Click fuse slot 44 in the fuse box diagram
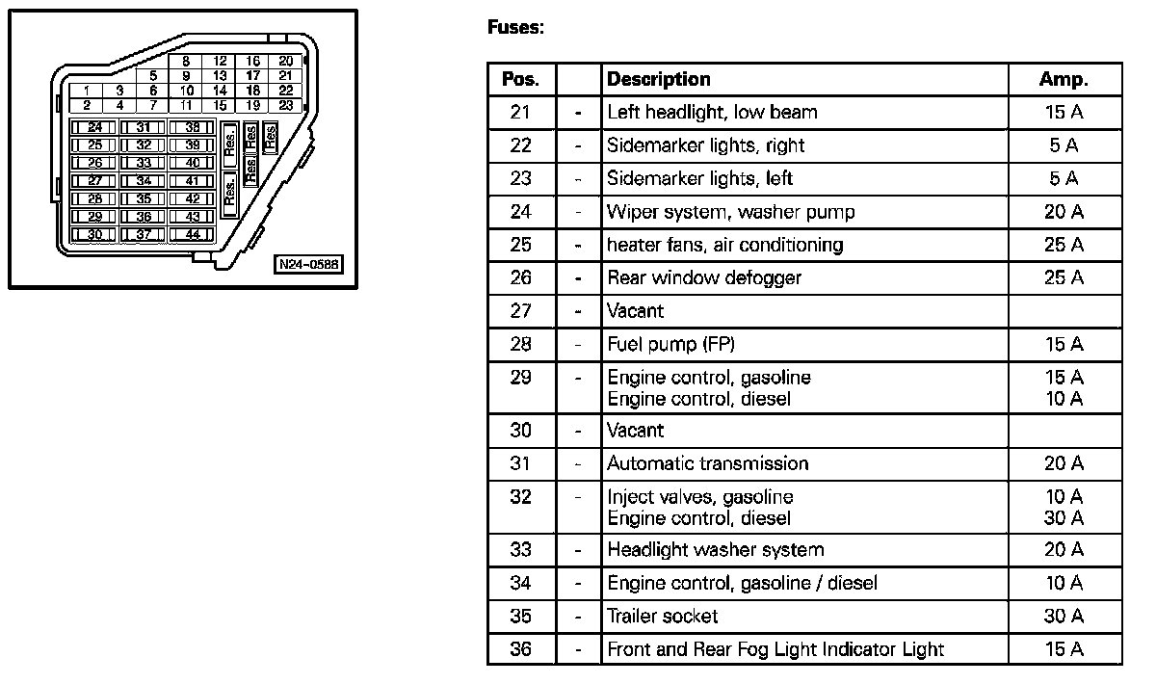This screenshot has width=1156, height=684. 193,234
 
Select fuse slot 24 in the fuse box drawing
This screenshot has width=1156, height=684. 94,127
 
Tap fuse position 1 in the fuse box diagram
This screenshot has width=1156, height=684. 87,91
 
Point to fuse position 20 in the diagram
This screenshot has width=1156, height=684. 285,61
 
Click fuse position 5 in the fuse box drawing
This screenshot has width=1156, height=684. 152,75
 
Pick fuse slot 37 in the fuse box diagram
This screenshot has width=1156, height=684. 144,234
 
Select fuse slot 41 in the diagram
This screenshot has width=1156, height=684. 193,180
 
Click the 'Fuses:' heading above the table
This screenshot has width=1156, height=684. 515,28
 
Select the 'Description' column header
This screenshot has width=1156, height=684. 659,79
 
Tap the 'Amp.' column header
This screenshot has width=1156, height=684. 1064,79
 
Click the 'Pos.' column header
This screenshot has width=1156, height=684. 521,79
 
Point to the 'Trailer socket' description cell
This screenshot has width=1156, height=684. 662,616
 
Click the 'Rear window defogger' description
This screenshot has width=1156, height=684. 704,278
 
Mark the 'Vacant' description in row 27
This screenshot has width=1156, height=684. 635,311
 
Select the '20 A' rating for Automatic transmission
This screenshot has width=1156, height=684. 1064,463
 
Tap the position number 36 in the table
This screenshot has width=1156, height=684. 520,648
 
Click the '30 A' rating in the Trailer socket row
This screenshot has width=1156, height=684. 1064,616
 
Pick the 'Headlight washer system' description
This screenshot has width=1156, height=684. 715,550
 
